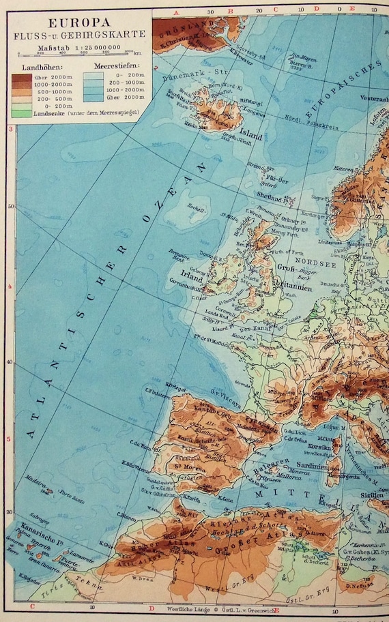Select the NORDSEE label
[x=304, y=258]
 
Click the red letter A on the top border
[x=175, y=12]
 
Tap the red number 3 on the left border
[x=10, y=128]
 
